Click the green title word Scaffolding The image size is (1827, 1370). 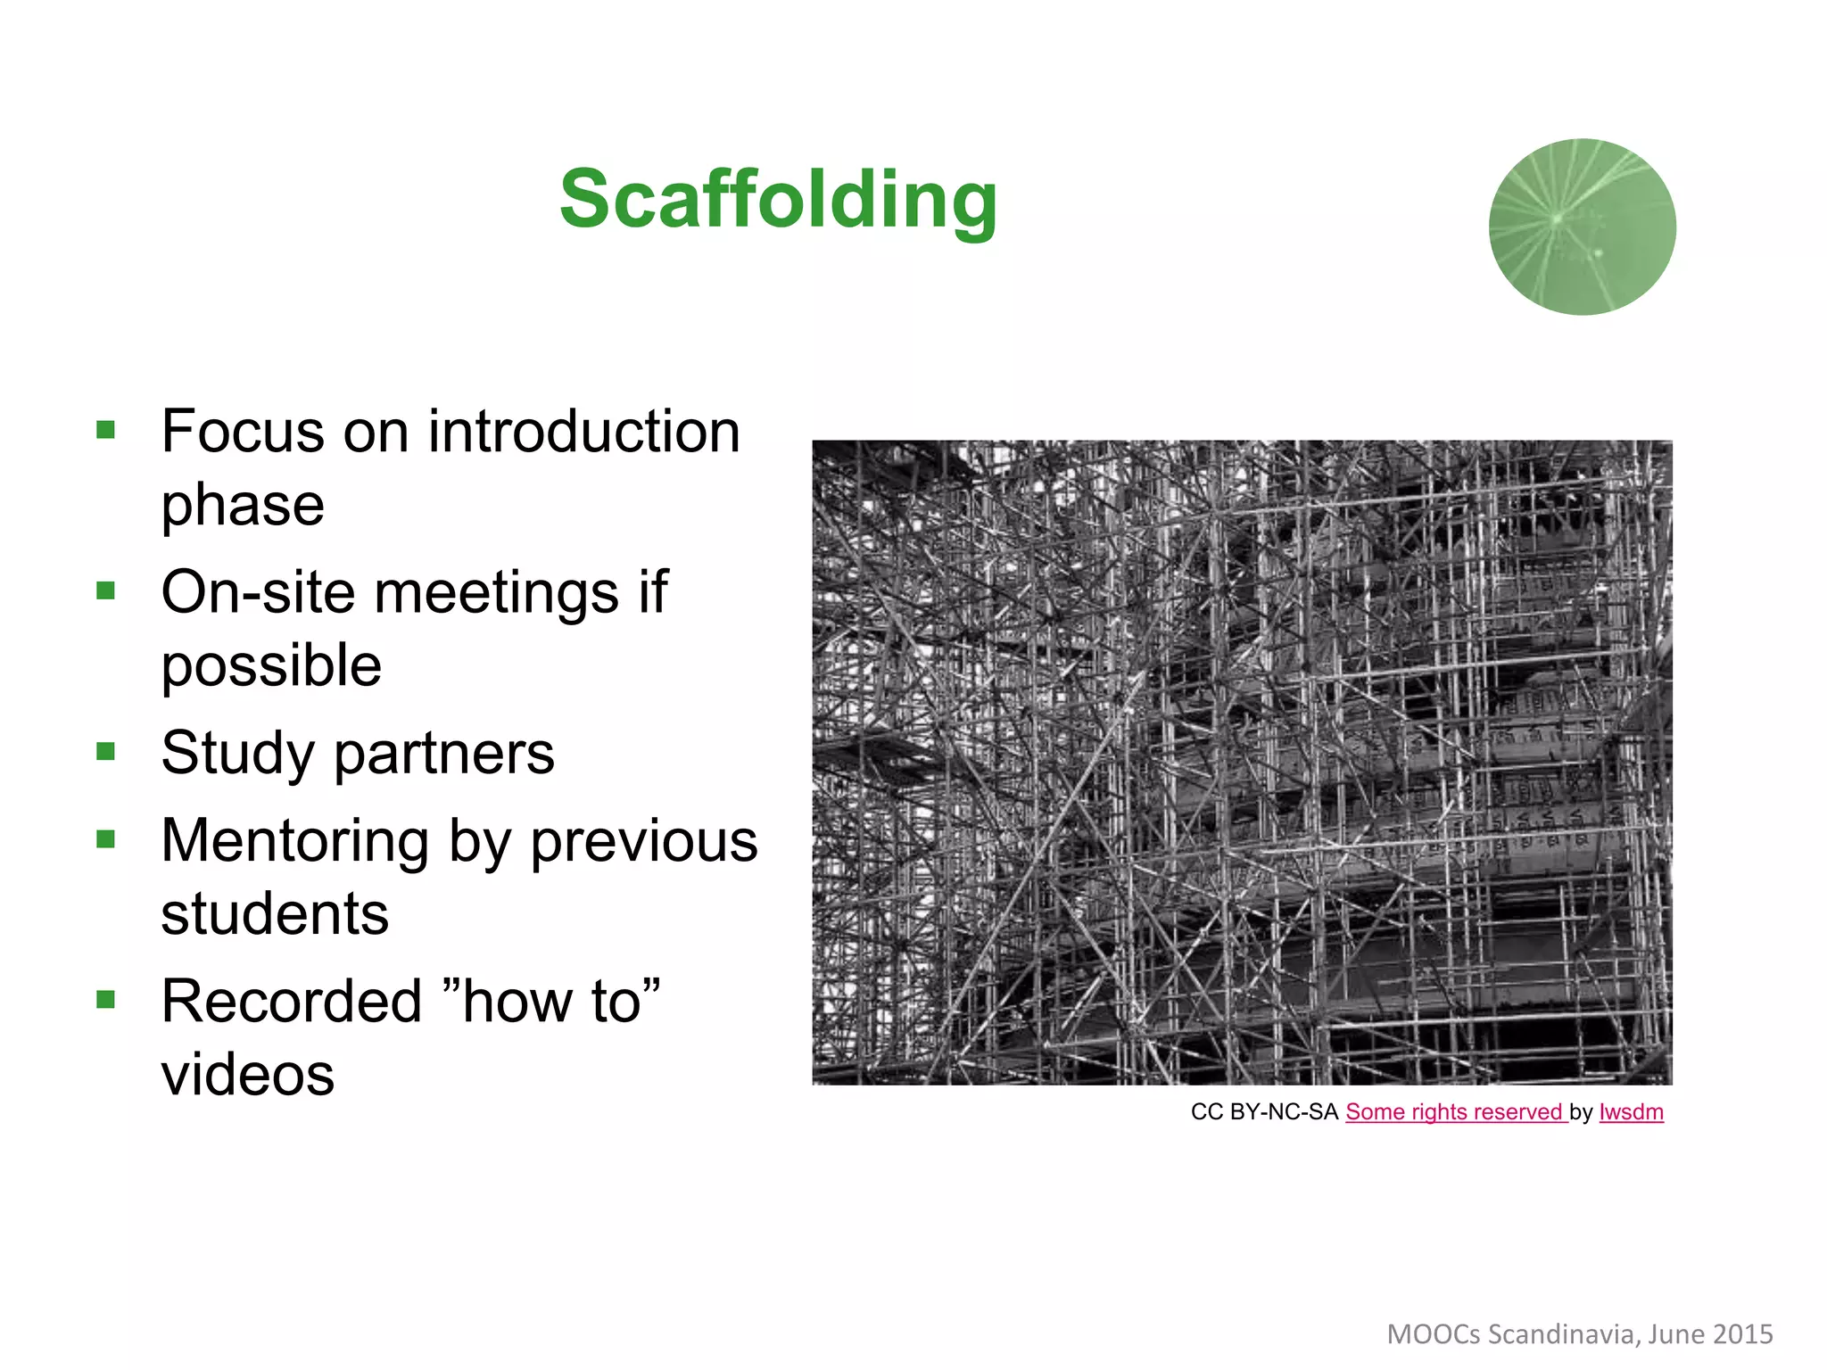tap(778, 201)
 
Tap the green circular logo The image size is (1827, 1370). tap(1582, 227)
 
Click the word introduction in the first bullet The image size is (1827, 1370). tap(583, 432)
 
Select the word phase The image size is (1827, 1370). tap(243, 505)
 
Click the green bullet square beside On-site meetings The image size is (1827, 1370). tap(106, 590)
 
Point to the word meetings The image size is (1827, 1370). tap(496, 592)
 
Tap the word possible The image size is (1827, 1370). tap(271, 665)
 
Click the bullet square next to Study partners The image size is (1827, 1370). tap(106, 751)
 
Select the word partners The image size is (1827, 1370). tap(443, 754)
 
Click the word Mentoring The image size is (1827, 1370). tap(295, 841)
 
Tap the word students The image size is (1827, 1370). tap(275, 913)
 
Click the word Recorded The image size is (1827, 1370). tap(291, 1001)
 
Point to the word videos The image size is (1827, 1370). tap(247, 1074)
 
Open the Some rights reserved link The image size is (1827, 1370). tap(1455, 1112)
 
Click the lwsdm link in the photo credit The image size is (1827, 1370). tap(1631, 1112)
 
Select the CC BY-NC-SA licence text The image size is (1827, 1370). tap(1264, 1112)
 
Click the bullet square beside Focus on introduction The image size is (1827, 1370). tap(106, 430)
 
